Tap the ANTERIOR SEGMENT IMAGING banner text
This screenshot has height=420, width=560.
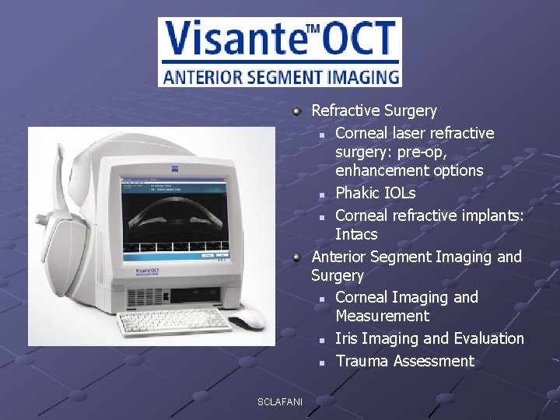tap(281, 77)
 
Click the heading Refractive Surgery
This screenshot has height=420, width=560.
tap(373, 110)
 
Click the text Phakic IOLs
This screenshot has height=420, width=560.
tap(375, 192)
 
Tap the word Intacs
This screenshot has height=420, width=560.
tap(356, 234)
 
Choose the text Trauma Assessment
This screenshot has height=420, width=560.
tap(404, 361)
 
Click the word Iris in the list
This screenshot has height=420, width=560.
tap(346, 338)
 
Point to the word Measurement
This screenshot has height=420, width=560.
tap(382, 316)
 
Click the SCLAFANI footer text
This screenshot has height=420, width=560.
tap(280, 401)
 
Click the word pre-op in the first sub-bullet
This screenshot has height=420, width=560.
tap(455, 152)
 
